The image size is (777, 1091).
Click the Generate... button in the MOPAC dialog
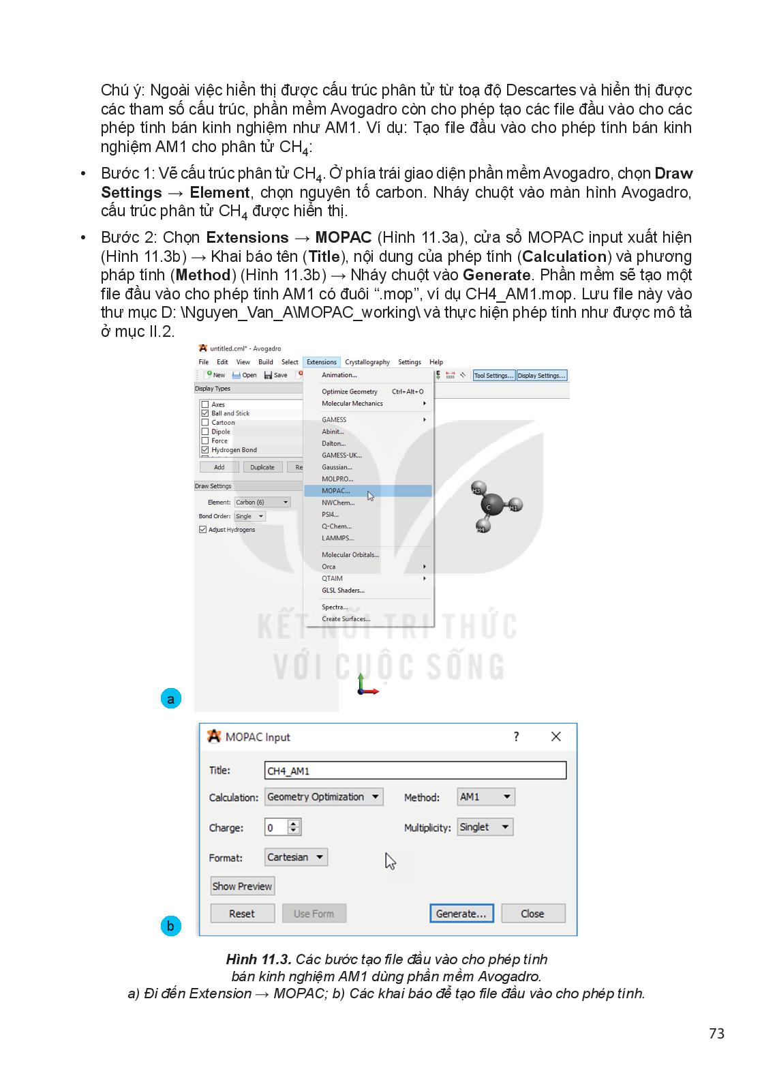pyautogui.click(x=461, y=914)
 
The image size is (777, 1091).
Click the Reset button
pyautogui.click(x=242, y=914)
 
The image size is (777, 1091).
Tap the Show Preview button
pyautogui.click(x=242, y=886)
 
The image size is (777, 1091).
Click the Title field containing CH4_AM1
pyautogui.click(x=415, y=771)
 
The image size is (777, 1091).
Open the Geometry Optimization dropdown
pyautogui.click(x=324, y=797)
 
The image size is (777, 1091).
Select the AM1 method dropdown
pyautogui.click(x=486, y=797)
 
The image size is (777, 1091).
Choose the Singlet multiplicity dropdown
pyautogui.click(x=485, y=827)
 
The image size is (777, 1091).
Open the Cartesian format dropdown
pyautogui.click(x=296, y=857)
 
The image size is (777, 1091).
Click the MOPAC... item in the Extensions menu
pyautogui.click(x=336, y=491)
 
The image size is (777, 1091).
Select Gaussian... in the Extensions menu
pyautogui.click(x=337, y=467)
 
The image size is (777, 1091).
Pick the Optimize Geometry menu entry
pyautogui.click(x=350, y=391)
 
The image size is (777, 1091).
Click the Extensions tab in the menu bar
pyautogui.click(x=321, y=362)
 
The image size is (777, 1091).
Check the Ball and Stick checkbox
pyautogui.click(x=205, y=413)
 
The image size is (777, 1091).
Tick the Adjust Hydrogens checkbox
pyautogui.click(x=203, y=530)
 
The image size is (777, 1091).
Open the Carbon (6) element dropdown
pyautogui.click(x=262, y=503)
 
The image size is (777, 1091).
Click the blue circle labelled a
pyautogui.click(x=170, y=699)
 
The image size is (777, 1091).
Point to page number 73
pyautogui.click(x=716, y=1034)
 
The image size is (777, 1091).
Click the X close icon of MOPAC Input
pyautogui.click(x=556, y=737)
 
